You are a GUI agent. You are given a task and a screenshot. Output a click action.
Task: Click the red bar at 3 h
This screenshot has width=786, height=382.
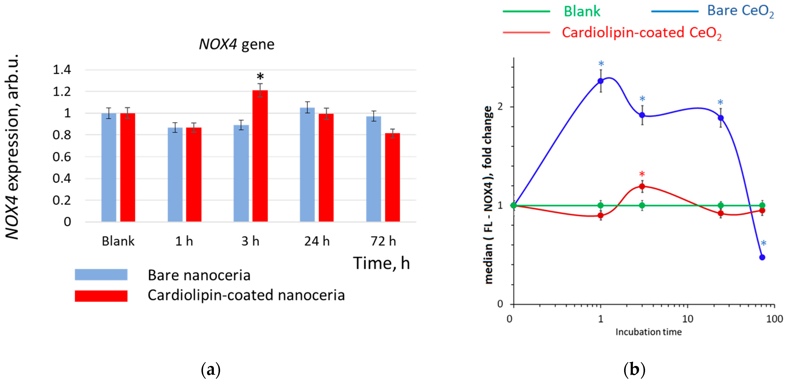(260, 156)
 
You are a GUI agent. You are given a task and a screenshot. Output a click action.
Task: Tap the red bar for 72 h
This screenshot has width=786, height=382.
(392, 177)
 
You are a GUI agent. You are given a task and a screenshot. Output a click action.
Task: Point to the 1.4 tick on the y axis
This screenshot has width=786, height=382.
(62, 70)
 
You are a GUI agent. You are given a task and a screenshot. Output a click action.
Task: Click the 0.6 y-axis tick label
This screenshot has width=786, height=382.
(62, 157)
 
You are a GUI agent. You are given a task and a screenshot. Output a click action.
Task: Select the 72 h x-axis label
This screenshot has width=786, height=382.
(383, 241)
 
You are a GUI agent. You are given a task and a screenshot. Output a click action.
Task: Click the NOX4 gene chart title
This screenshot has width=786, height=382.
(237, 44)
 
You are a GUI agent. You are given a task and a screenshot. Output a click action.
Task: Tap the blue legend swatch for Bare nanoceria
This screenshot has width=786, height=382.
(101, 275)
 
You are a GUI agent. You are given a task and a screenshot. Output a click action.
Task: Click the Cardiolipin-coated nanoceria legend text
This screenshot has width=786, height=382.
(246, 295)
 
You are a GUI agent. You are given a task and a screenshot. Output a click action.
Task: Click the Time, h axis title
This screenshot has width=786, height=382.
(381, 263)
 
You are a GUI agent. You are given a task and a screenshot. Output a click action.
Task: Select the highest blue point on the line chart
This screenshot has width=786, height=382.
(601, 81)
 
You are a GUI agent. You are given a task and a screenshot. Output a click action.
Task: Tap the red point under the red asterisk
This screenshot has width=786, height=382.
(642, 187)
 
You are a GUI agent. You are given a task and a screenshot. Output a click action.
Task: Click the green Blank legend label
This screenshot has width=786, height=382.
(582, 12)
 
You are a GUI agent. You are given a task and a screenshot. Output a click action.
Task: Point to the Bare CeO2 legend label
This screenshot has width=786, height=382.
(740, 11)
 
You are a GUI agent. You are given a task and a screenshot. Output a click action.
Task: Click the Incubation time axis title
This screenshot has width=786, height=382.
(648, 332)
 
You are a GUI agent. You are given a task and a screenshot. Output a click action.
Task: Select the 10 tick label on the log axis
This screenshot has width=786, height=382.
(687, 319)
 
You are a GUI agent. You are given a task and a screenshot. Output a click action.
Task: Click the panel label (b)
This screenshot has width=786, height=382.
(634, 370)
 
